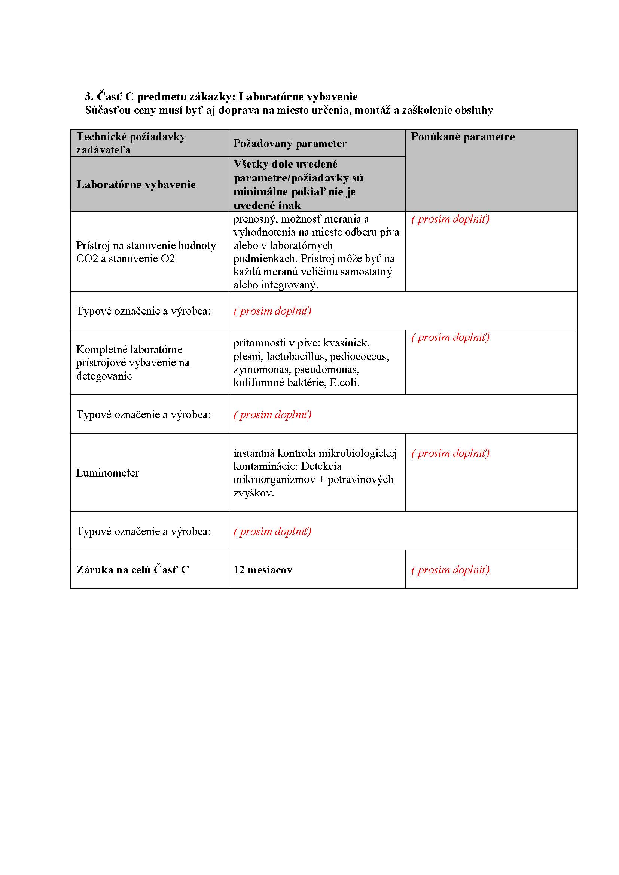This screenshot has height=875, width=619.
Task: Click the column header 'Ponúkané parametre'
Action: click(462, 137)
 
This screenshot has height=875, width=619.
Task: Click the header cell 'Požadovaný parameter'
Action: click(290, 143)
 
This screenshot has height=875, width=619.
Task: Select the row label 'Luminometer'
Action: click(107, 473)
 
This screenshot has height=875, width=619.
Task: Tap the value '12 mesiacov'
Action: click(263, 570)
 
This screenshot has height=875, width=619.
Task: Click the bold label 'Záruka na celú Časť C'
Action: click(132, 570)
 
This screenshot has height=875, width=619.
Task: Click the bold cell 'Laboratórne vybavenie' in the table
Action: click(136, 184)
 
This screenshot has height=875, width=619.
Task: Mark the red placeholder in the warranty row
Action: click(450, 570)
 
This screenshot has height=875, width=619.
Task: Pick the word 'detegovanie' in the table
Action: click(104, 376)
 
